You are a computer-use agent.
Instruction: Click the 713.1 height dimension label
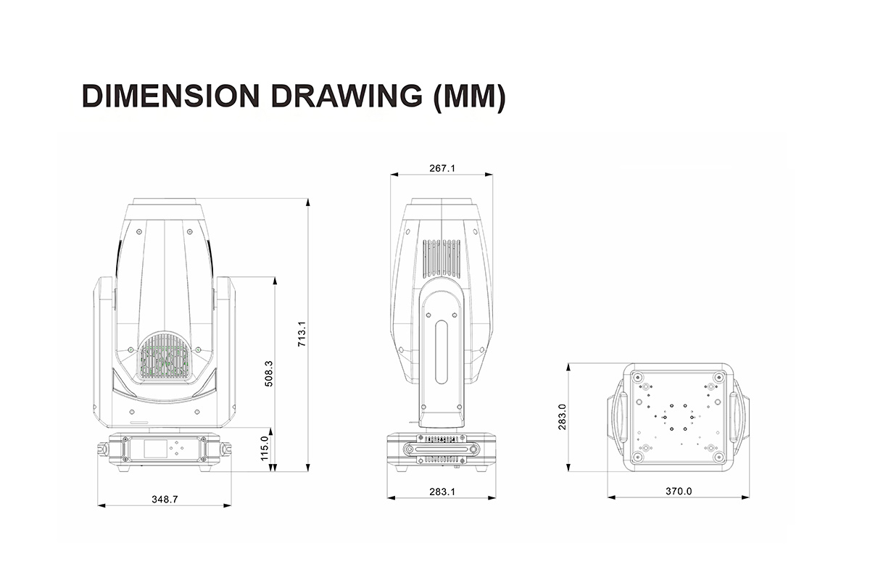tap(302, 333)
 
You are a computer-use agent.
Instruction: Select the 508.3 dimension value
tap(269, 373)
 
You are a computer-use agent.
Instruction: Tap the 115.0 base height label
tap(265, 448)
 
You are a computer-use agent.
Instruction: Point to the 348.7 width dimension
tap(165, 500)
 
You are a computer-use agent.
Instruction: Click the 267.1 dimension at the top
tap(442, 168)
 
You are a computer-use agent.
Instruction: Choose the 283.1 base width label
tap(442, 492)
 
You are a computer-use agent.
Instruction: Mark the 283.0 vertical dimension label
tap(562, 417)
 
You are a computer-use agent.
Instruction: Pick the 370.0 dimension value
tap(679, 492)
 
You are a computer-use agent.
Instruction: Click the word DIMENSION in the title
tap(170, 96)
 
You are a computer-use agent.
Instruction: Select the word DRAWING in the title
tap(347, 96)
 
